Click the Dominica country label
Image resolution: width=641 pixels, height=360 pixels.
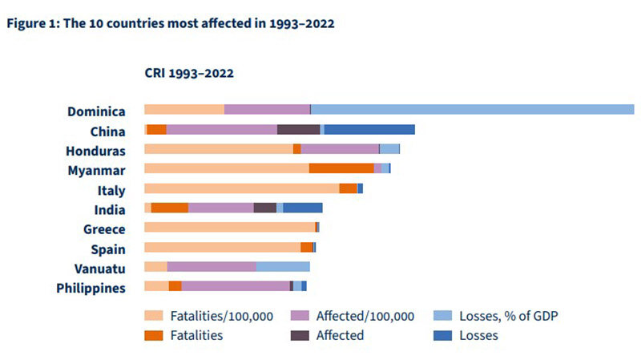point(96,111)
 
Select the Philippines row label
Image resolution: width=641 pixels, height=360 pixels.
point(91,289)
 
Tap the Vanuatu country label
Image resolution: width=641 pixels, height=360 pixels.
point(99,269)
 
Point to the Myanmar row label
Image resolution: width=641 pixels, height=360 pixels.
point(96,171)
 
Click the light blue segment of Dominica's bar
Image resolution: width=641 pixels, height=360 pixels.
point(473,110)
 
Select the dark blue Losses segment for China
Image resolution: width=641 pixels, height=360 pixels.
point(369,129)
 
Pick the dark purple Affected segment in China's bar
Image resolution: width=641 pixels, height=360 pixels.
point(298,129)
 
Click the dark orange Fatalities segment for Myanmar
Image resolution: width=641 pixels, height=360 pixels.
point(341,168)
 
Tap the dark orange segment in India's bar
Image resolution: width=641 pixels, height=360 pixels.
point(170,208)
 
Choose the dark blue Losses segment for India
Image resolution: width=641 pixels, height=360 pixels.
point(303,208)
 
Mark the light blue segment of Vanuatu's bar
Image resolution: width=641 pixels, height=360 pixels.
point(283,267)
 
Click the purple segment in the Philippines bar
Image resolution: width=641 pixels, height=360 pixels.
point(236,286)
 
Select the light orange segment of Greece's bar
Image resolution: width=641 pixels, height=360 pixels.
point(230,227)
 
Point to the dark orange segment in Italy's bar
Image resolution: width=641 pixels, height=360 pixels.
point(348,188)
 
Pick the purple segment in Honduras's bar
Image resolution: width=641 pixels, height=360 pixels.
point(340,149)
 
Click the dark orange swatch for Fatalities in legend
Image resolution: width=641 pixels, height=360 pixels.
point(154,335)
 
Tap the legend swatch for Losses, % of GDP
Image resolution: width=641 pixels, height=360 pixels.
point(443,315)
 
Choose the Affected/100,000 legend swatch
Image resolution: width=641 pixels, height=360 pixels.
point(300,315)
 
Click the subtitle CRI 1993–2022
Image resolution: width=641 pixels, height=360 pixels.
point(189,73)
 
